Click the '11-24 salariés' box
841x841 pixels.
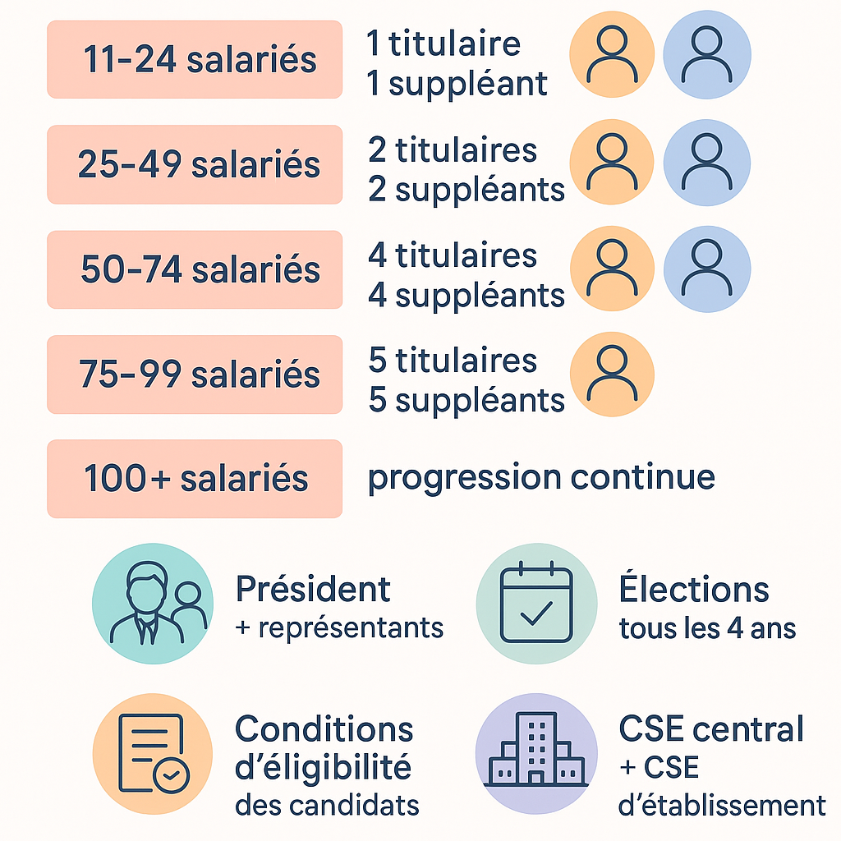click(x=195, y=60)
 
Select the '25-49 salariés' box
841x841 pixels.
click(x=195, y=164)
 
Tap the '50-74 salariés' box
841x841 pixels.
click(x=195, y=269)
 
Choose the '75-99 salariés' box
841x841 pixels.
click(x=195, y=375)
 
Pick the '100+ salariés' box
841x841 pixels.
click(x=195, y=479)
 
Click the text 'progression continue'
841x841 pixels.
click(x=541, y=477)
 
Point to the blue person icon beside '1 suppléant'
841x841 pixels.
click(x=706, y=56)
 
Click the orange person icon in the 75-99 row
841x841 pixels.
click(x=611, y=375)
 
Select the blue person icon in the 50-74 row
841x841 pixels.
click(x=706, y=269)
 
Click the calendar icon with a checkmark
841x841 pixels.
click(x=536, y=604)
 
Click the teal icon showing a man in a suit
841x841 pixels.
click(x=152, y=604)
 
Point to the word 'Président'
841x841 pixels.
click(x=313, y=589)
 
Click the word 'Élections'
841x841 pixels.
click(x=694, y=589)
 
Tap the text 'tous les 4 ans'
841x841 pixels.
click(x=707, y=629)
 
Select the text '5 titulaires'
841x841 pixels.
click(x=453, y=361)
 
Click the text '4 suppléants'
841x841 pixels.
click(x=466, y=295)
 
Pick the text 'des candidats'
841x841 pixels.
click(x=327, y=804)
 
